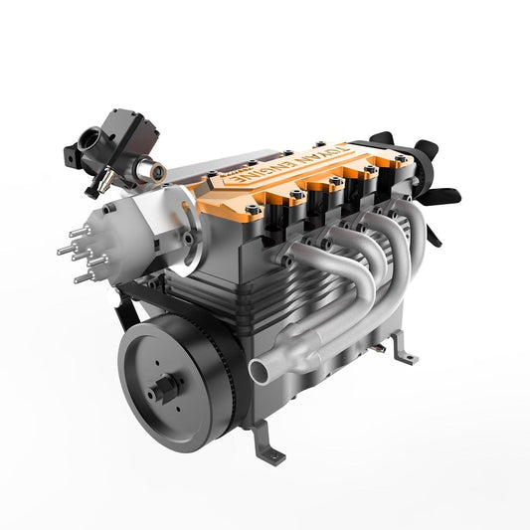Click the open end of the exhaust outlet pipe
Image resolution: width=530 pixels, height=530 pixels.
(x=261, y=371)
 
